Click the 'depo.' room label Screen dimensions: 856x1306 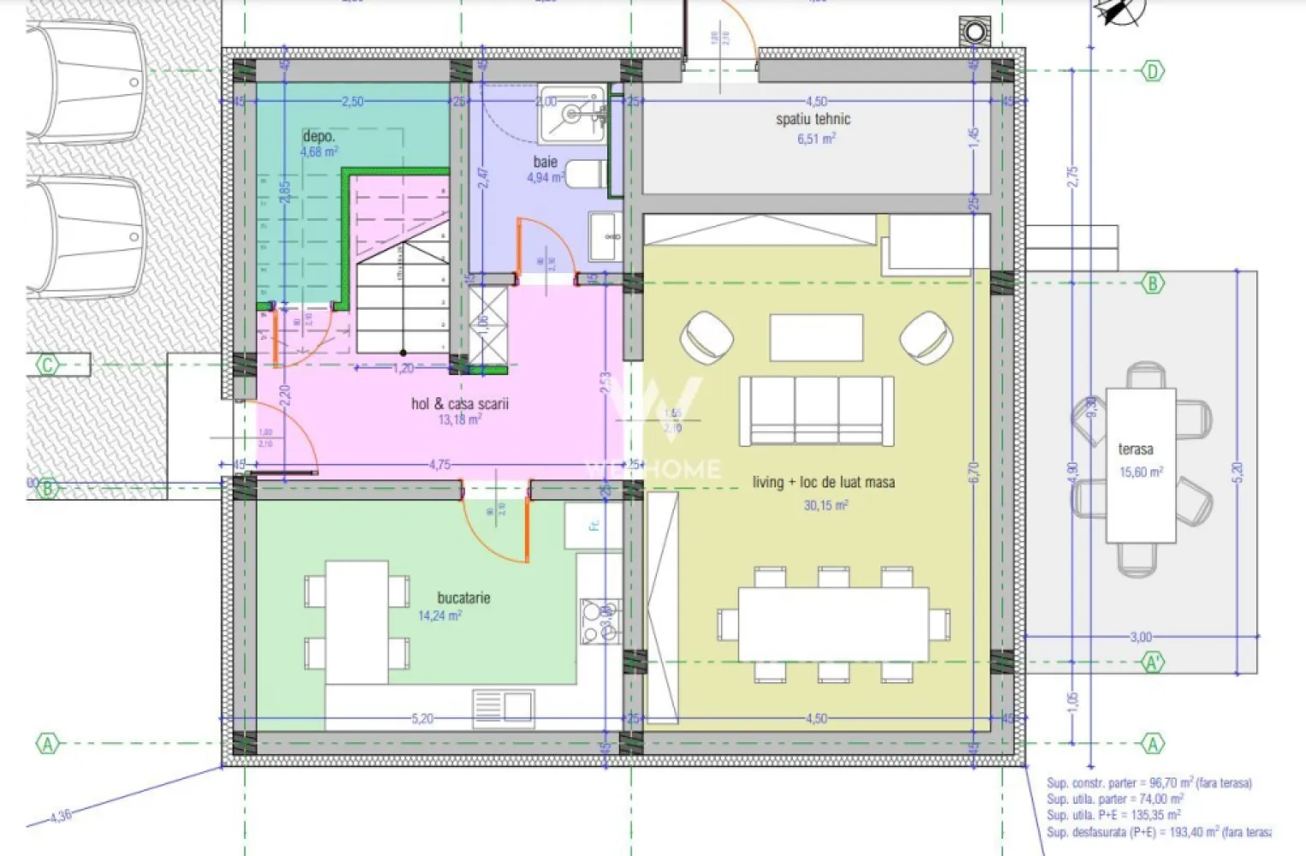tap(319, 137)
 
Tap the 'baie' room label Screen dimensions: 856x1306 tap(545, 162)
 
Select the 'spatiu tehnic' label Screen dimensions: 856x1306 tap(813, 120)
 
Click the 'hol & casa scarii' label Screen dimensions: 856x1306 tap(459, 404)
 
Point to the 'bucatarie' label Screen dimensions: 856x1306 tap(464, 598)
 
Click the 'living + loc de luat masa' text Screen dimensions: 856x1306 tap(824, 483)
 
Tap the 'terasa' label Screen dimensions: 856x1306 tap(1135, 449)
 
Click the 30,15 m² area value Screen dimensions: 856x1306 tap(825, 506)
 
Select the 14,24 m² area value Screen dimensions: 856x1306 tap(440, 615)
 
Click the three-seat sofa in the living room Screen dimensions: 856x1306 tap(816, 411)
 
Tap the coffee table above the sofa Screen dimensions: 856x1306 tap(816, 337)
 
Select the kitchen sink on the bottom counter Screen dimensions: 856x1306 tap(503, 707)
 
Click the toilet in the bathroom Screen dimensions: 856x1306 tap(586, 175)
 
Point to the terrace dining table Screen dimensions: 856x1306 tap(1140, 466)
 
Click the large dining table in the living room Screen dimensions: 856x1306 tap(833, 623)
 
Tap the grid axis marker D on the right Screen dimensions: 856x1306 tap(1152, 71)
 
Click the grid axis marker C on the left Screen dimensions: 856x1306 tap(48, 366)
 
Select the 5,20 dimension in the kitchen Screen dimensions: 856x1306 tap(423, 719)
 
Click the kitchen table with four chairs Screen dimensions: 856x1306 tap(357, 622)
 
